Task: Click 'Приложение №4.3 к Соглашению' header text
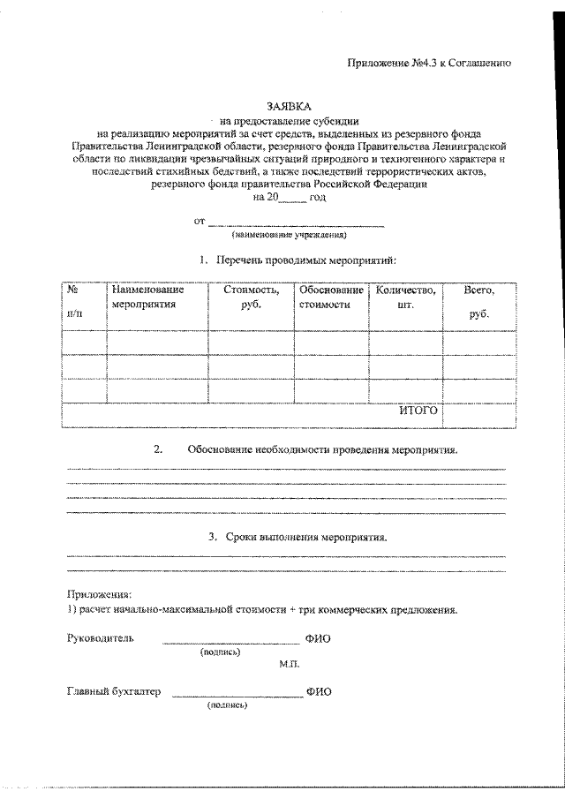430,64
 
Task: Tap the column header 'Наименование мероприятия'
147,297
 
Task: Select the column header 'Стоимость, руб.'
252,297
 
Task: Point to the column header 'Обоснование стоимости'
331,297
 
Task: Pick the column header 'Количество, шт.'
406,297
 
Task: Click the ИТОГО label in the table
418,411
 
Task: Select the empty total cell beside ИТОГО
479,412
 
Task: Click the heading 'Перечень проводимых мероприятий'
305,260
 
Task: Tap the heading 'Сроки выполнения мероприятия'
305,537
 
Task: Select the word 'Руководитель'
101,638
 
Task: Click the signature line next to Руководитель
231,642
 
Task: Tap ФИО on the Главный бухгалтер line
319,693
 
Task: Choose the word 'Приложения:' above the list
98,594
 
